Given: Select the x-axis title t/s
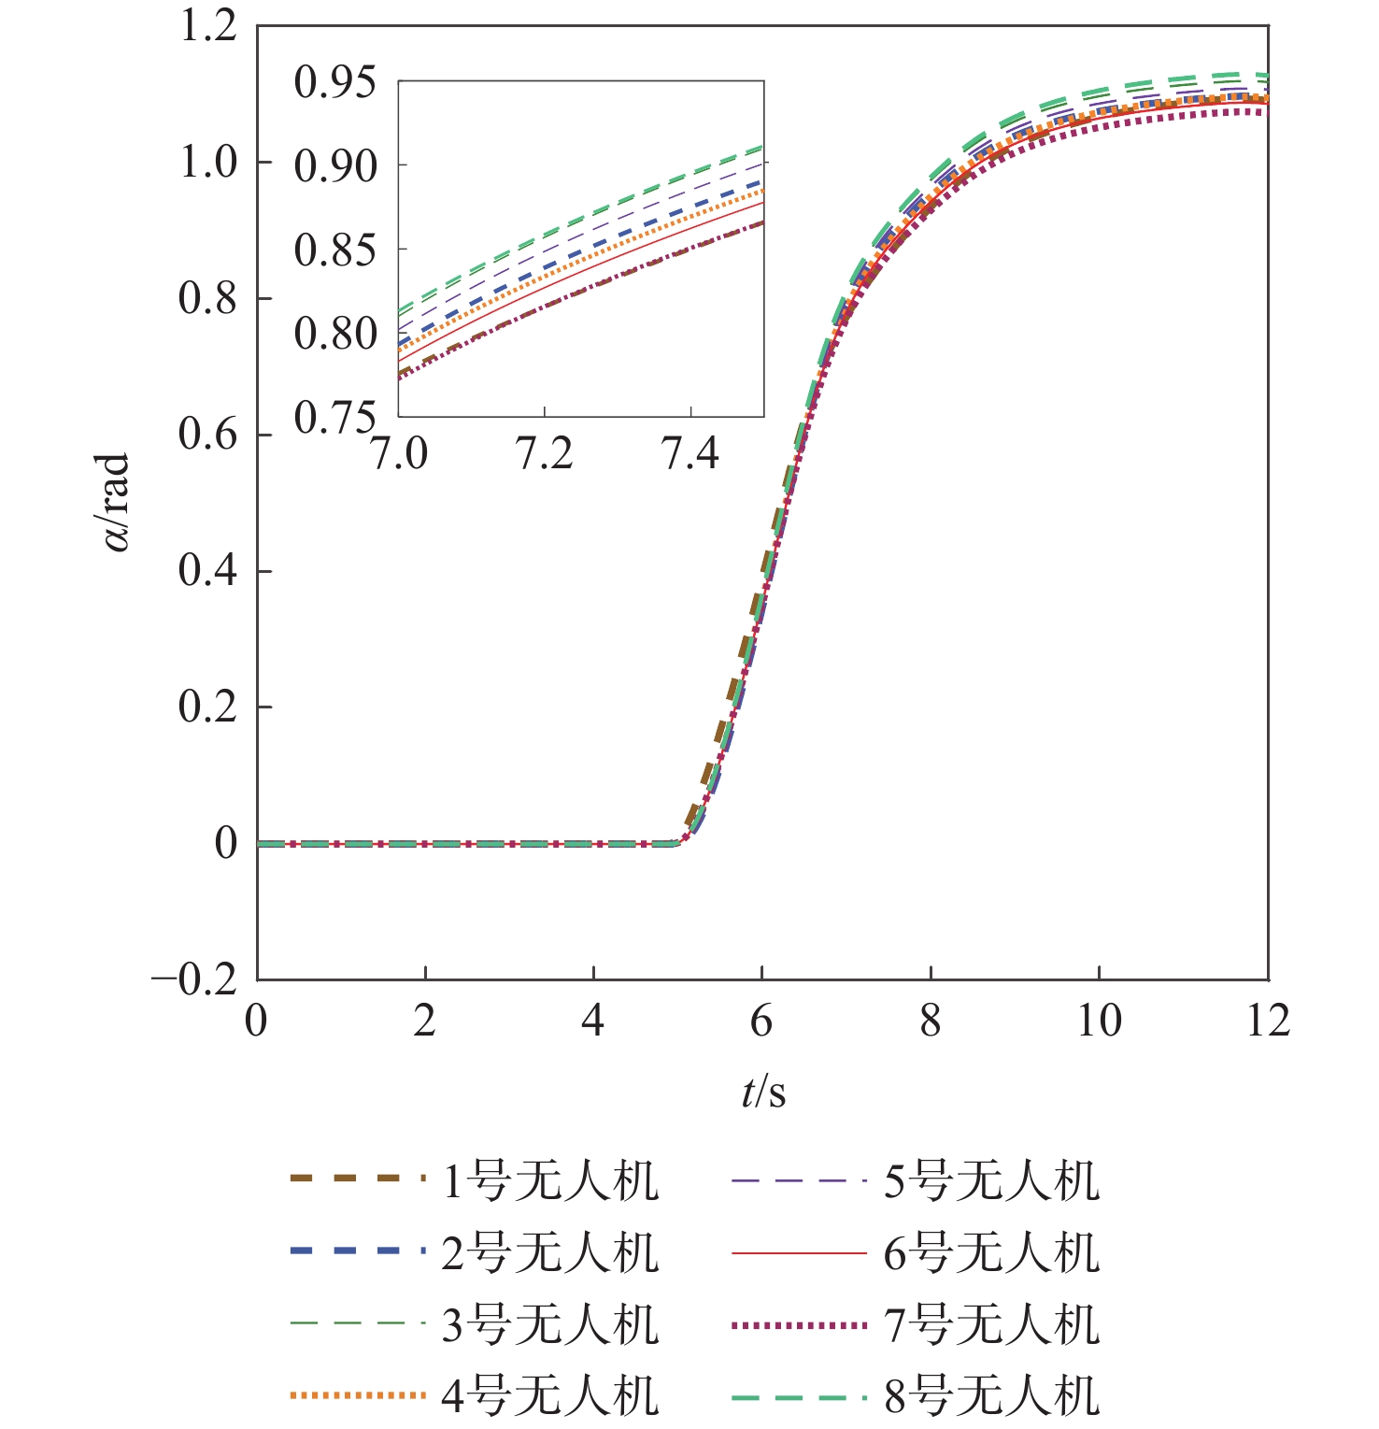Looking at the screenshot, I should (763, 1092).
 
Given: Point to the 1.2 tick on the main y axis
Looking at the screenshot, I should (207, 26).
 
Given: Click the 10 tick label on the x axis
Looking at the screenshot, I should (1099, 1021).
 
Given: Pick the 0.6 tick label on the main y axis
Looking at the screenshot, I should (207, 435).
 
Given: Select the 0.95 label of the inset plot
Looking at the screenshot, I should (334, 82).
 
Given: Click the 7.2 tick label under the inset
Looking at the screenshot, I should (545, 454).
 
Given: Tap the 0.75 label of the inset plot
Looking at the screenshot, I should (334, 417).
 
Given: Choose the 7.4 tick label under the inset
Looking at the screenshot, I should (690, 454).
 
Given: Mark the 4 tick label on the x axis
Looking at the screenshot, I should (593, 1021).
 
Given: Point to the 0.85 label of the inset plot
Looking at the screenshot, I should (334, 250).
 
